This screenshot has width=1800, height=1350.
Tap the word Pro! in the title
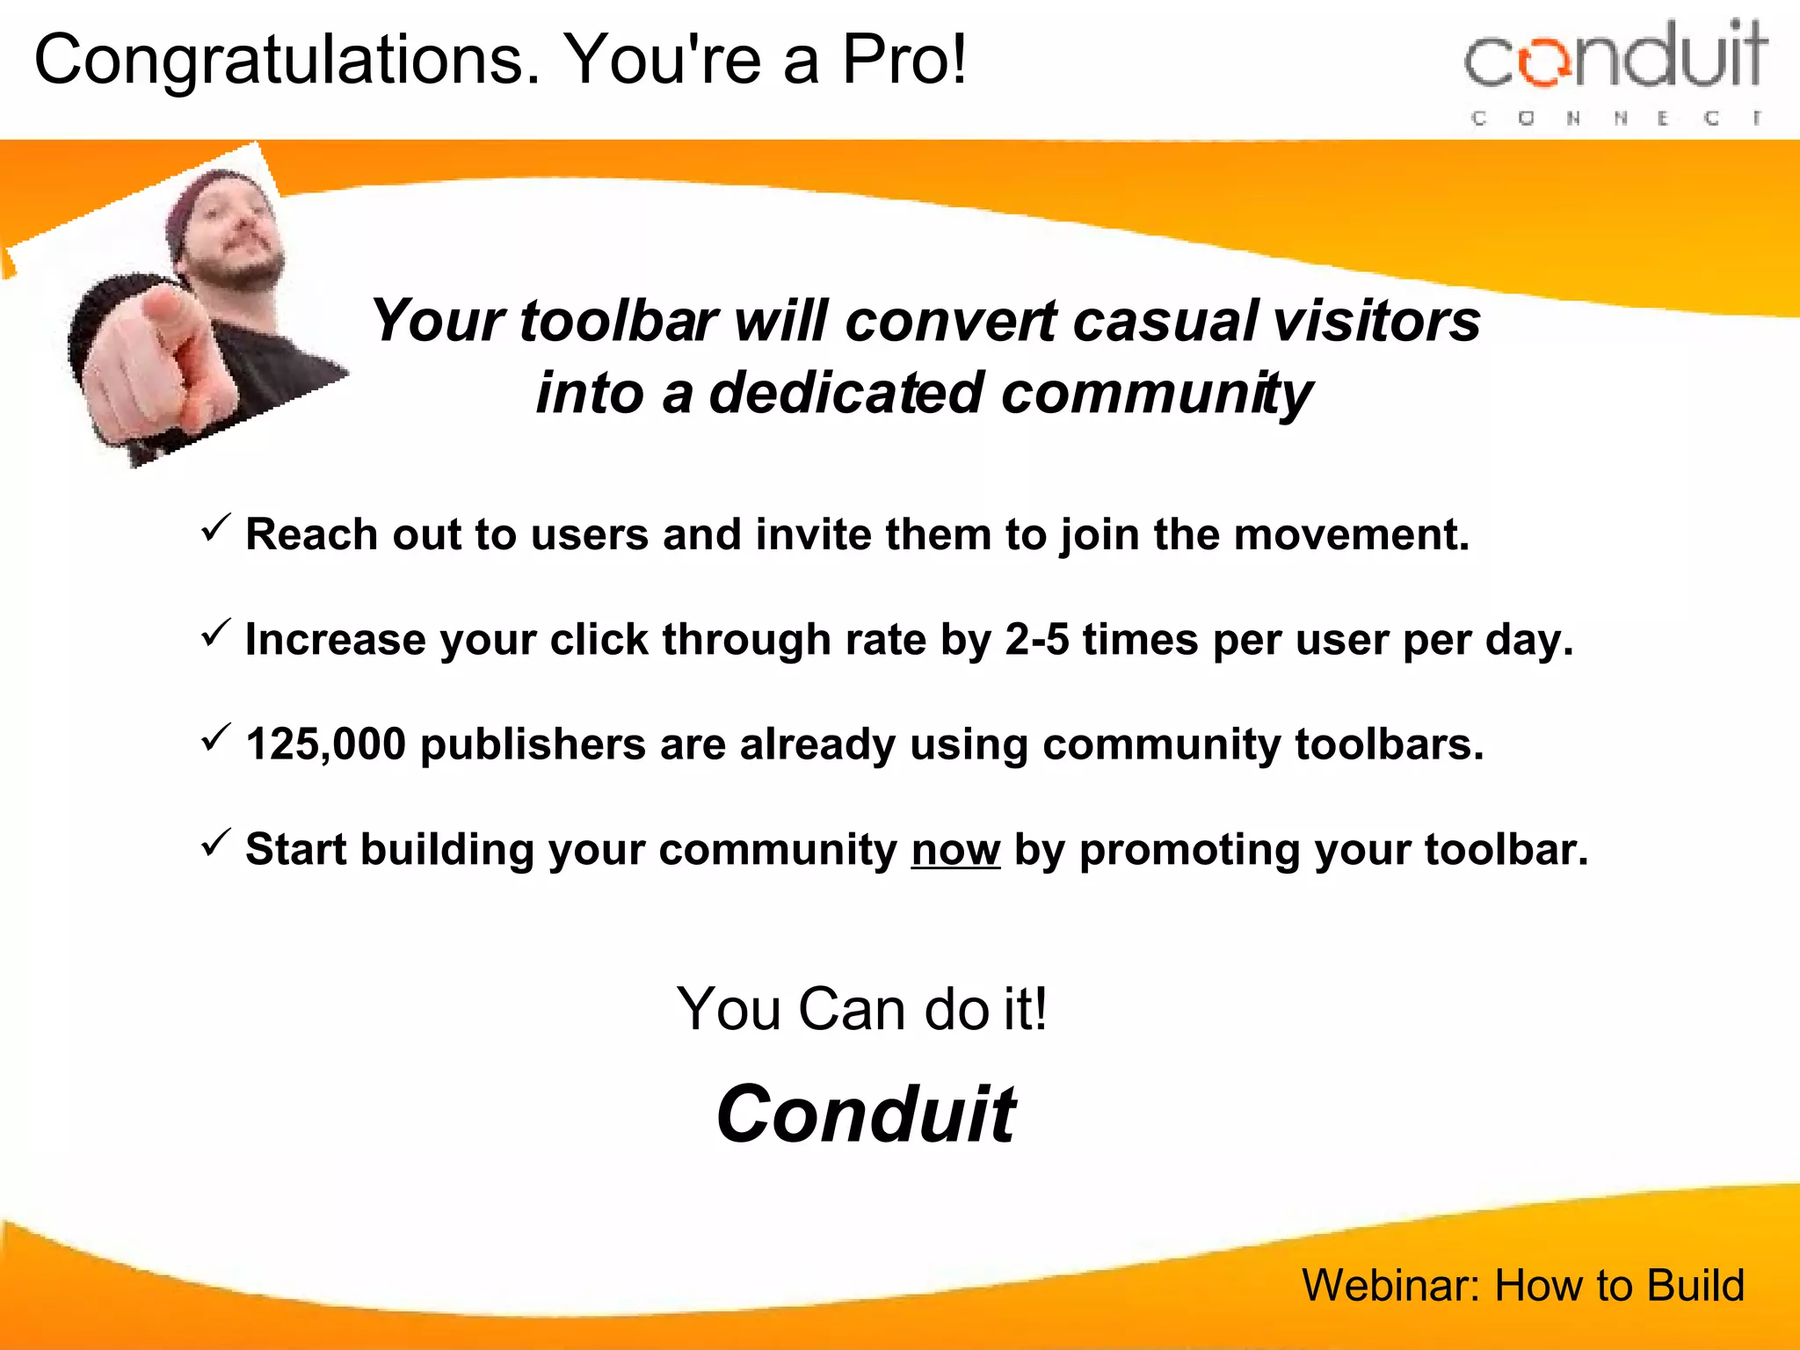(x=904, y=60)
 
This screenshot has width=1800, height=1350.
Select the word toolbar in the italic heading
(x=619, y=321)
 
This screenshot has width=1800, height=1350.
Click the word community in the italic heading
(x=1157, y=393)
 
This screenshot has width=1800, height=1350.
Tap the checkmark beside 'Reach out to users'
(x=215, y=527)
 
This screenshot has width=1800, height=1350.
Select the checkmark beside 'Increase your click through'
(x=215, y=632)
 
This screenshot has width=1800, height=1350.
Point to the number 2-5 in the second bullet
(x=1036, y=639)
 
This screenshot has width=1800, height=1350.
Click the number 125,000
(x=325, y=744)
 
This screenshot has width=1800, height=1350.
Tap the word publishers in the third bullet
(x=533, y=744)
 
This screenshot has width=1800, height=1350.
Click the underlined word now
(x=955, y=850)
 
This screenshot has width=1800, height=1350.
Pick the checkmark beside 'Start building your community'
(x=215, y=843)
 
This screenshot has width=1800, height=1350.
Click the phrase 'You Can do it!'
(x=861, y=1008)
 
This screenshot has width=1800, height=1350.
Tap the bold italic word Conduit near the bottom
(x=866, y=1114)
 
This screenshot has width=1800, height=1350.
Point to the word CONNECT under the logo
(x=1615, y=118)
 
